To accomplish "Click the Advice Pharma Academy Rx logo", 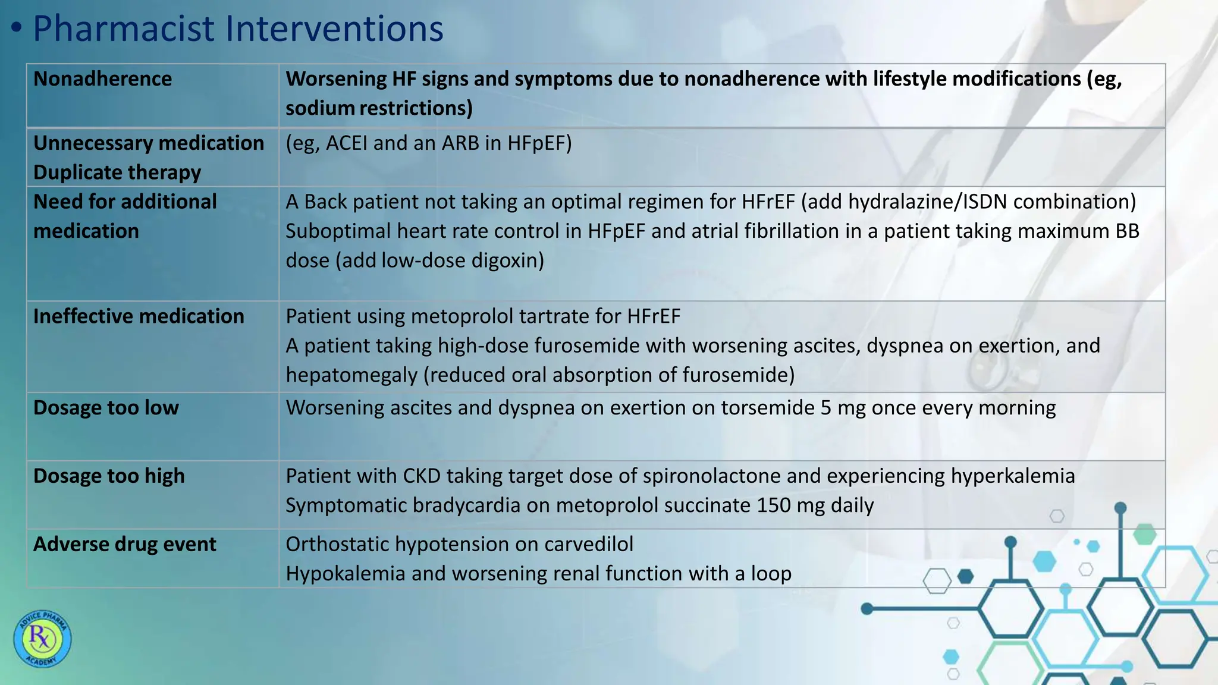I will (x=42, y=639).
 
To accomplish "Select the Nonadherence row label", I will (x=102, y=78).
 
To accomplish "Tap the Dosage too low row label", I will (x=106, y=407).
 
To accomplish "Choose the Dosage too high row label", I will (x=109, y=476).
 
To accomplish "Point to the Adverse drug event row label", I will (x=125, y=544).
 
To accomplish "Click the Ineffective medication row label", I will (x=139, y=316).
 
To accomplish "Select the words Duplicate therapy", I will (x=117, y=172).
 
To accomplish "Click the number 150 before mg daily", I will (x=774, y=505).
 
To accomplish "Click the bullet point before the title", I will (x=17, y=28).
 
